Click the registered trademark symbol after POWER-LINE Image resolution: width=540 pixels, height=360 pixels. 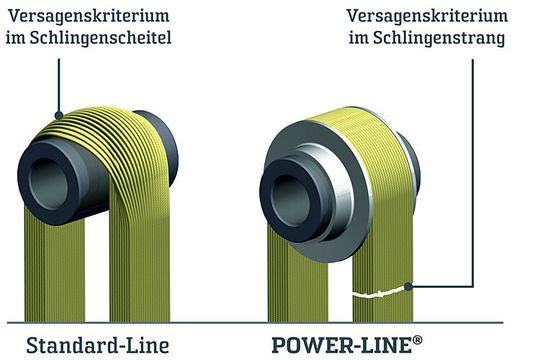tap(416, 339)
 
